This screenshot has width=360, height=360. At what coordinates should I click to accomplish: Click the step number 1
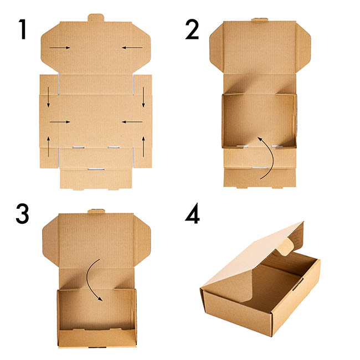[x=22, y=29]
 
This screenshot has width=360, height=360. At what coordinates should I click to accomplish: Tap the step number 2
[x=192, y=29]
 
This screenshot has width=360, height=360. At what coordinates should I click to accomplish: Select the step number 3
[x=23, y=214]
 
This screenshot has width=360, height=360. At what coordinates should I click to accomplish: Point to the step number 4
[x=192, y=213]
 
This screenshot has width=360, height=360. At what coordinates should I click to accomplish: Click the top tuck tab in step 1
[x=96, y=18]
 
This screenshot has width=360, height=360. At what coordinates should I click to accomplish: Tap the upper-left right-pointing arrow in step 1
[x=60, y=48]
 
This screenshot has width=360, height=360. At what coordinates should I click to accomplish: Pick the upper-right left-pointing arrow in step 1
[x=132, y=48]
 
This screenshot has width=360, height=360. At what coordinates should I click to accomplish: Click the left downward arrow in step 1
[x=48, y=97]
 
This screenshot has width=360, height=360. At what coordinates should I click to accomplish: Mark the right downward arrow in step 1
[x=143, y=97]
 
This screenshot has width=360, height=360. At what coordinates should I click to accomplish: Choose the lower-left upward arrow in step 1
[x=48, y=147]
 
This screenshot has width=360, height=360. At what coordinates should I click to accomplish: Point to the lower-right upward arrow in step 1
[x=143, y=147]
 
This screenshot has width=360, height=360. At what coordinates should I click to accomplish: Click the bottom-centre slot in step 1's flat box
[x=96, y=169]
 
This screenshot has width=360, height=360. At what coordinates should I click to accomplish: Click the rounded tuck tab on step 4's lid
[x=285, y=247]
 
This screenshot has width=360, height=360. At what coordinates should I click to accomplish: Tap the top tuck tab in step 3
[x=96, y=211]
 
